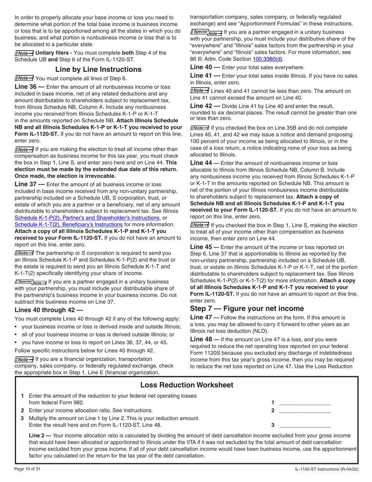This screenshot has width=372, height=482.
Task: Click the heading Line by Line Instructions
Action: pyautogui.click(x=98, y=69)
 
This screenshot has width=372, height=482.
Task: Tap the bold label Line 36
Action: pyautogui.click(x=29, y=87)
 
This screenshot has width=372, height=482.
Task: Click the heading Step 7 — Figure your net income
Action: pyautogui.click(x=247, y=297)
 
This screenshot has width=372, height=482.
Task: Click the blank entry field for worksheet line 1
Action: pyautogui.click(x=305, y=402)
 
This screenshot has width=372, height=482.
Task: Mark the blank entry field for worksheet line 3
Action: pyautogui.click(x=305, y=425)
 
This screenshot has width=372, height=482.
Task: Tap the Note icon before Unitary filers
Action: pyautogui.click(x=24, y=53)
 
